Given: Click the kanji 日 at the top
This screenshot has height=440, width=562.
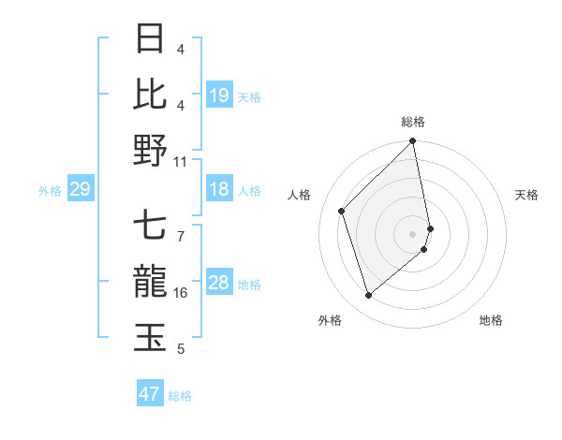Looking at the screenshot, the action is coord(151,39).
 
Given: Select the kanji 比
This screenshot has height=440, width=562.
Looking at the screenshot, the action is coord(151,94).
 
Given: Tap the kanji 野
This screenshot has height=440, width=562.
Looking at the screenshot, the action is coord(151,150).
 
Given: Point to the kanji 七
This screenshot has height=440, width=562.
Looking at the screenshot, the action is coord(151,227).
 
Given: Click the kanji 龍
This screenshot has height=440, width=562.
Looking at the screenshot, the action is coord(151,282).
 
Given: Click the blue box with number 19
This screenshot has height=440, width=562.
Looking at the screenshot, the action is coord(219,95).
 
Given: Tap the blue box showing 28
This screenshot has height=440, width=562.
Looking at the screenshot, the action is coord(219,284).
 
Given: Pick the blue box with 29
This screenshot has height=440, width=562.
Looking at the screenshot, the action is coord(80,190).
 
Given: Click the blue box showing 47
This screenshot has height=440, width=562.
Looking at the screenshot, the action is coord(150,394).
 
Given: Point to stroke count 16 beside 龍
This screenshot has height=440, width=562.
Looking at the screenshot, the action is coord(181,293).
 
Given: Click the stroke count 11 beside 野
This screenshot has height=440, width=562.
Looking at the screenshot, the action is coord(181,161).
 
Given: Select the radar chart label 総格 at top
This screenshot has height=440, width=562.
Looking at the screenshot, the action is coord(413,122).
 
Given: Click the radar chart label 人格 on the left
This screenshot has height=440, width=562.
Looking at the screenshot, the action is coord(300,195).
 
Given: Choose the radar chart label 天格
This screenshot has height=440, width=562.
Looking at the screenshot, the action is coord(526,195).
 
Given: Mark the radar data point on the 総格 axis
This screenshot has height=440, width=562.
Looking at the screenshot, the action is coord(413,142).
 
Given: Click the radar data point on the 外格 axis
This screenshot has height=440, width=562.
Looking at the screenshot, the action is coord(368,296).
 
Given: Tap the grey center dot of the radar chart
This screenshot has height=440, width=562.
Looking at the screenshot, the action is coord(413,233).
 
